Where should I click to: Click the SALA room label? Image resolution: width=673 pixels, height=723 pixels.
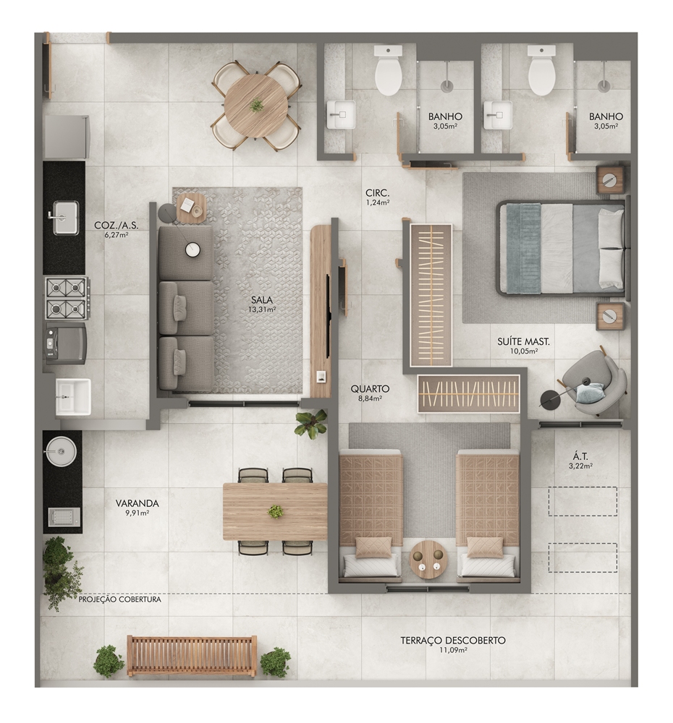(262, 300)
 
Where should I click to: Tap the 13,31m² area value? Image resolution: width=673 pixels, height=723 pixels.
(262, 309)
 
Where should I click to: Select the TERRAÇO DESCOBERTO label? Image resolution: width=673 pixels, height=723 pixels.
(453, 641)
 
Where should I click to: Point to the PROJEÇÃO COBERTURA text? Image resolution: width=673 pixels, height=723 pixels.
(120, 599)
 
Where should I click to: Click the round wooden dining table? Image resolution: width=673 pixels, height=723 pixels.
(255, 106)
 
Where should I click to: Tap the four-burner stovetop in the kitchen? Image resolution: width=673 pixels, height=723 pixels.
(67, 298)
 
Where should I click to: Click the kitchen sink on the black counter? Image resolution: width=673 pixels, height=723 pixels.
(64, 218)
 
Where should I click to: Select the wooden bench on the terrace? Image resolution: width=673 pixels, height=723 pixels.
(192, 656)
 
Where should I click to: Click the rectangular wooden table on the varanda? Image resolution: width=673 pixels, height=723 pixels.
(275, 511)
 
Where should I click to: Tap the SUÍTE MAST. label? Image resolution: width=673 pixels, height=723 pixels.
(523, 342)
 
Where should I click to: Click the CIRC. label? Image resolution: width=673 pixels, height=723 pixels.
(378, 193)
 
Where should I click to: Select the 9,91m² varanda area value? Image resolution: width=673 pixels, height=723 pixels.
(137, 513)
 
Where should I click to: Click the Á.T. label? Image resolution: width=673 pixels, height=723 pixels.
(580, 456)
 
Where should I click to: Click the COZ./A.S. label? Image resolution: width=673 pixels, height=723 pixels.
(117, 226)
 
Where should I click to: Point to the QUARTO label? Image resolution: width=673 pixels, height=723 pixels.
(370, 389)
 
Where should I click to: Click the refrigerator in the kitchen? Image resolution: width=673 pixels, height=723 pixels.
(67, 137)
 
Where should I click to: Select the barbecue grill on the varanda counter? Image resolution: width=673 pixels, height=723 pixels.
(64, 517)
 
